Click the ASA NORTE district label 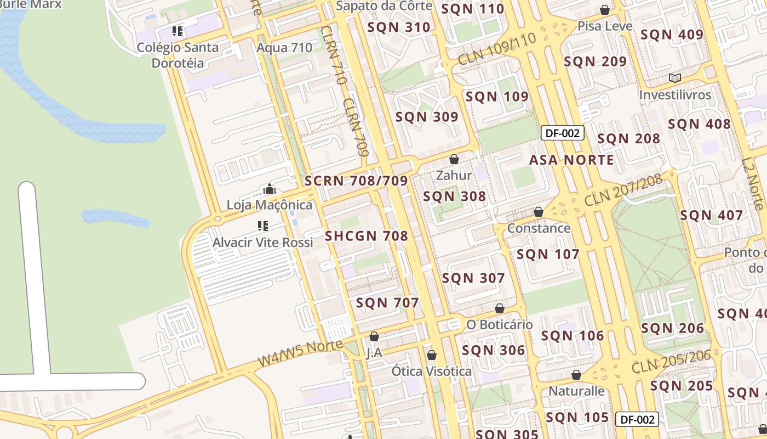pyautogui.click(x=571, y=160)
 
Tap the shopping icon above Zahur pyautogui.click(x=454, y=159)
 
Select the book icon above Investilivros pyautogui.click(x=675, y=78)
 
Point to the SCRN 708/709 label pyautogui.click(x=356, y=181)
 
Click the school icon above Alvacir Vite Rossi pyautogui.click(x=262, y=226)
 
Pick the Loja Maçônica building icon pyautogui.click(x=269, y=189)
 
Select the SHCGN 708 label pyautogui.click(x=367, y=236)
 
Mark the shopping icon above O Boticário pyautogui.click(x=499, y=308)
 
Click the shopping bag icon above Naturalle pyautogui.click(x=576, y=375)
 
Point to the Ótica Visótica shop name pyautogui.click(x=431, y=372)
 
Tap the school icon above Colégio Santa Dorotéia pyautogui.click(x=177, y=31)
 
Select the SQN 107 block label pyautogui.click(x=548, y=254)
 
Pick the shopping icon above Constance pyautogui.click(x=539, y=212)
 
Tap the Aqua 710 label pyautogui.click(x=284, y=48)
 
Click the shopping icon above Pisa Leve pyautogui.click(x=605, y=10)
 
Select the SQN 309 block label pyautogui.click(x=427, y=117)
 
